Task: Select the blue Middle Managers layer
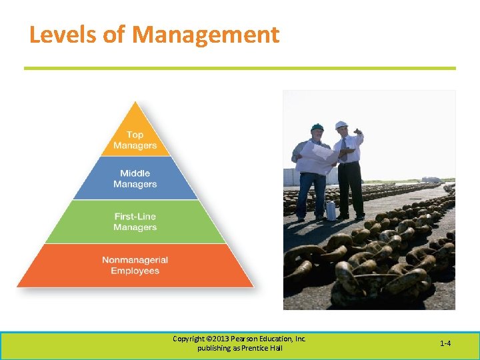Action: (x=135, y=179)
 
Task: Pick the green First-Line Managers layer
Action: (x=135, y=222)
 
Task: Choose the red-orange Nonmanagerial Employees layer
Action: (x=135, y=265)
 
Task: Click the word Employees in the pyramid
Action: (x=135, y=271)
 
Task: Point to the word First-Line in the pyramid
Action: (x=135, y=217)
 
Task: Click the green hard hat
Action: (x=317, y=127)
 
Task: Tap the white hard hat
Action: (x=341, y=125)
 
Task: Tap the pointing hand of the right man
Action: (x=359, y=131)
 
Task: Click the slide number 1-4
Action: (x=445, y=343)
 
